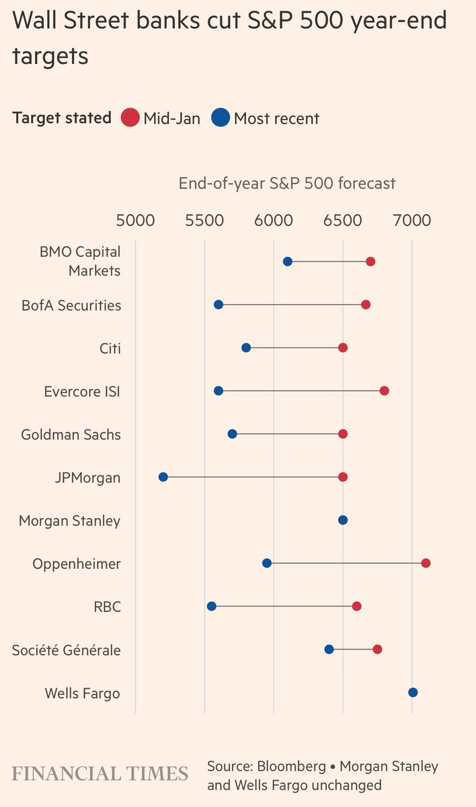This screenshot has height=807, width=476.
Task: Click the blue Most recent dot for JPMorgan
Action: tap(163, 477)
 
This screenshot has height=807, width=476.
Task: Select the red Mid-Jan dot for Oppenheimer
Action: tap(426, 563)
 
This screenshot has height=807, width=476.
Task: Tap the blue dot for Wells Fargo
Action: tap(413, 693)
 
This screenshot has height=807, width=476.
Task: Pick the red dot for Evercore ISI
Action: tap(384, 391)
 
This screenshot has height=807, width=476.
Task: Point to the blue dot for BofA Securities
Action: tap(219, 305)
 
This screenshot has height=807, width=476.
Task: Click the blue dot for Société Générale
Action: tap(329, 649)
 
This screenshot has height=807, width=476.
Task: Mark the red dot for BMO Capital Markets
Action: tap(370, 262)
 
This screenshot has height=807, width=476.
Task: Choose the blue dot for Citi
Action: tap(246, 348)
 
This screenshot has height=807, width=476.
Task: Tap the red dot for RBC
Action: tap(356, 606)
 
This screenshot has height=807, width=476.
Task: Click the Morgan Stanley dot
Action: tap(343, 520)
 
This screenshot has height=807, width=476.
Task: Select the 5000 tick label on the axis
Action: tap(135, 220)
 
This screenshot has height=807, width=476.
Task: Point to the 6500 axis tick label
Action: tap(342, 220)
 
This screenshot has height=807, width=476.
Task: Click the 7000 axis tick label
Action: tap(411, 220)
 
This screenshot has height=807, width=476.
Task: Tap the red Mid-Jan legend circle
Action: tap(130, 118)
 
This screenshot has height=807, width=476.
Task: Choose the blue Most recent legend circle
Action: tap(221, 118)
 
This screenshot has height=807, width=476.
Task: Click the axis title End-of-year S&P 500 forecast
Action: tap(287, 184)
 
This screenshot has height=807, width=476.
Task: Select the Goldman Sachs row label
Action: tap(71, 434)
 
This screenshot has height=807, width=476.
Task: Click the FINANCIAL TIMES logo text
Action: tap(100, 773)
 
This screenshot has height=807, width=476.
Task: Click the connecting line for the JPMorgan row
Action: tap(253, 477)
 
